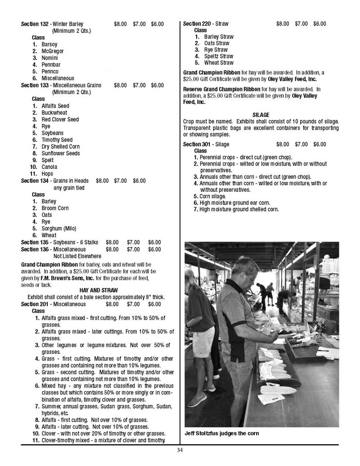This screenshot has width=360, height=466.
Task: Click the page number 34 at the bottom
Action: [x=180, y=450]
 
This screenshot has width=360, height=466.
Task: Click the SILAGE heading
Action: [x=261, y=115]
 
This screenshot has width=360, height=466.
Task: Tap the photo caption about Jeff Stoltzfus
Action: [x=222, y=434]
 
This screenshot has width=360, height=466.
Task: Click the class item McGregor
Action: [x=52, y=51]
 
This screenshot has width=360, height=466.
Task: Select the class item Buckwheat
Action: [x=54, y=113]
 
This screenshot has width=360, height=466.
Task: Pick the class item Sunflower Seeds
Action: [x=61, y=153]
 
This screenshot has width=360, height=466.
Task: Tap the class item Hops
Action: [x=47, y=173]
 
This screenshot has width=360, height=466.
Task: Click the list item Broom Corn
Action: [x=55, y=208]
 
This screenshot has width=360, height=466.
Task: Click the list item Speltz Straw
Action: [x=219, y=56]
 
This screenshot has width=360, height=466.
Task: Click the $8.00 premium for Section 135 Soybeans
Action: [x=112, y=242]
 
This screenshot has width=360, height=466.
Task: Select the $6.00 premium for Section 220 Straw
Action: [x=319, y=24]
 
